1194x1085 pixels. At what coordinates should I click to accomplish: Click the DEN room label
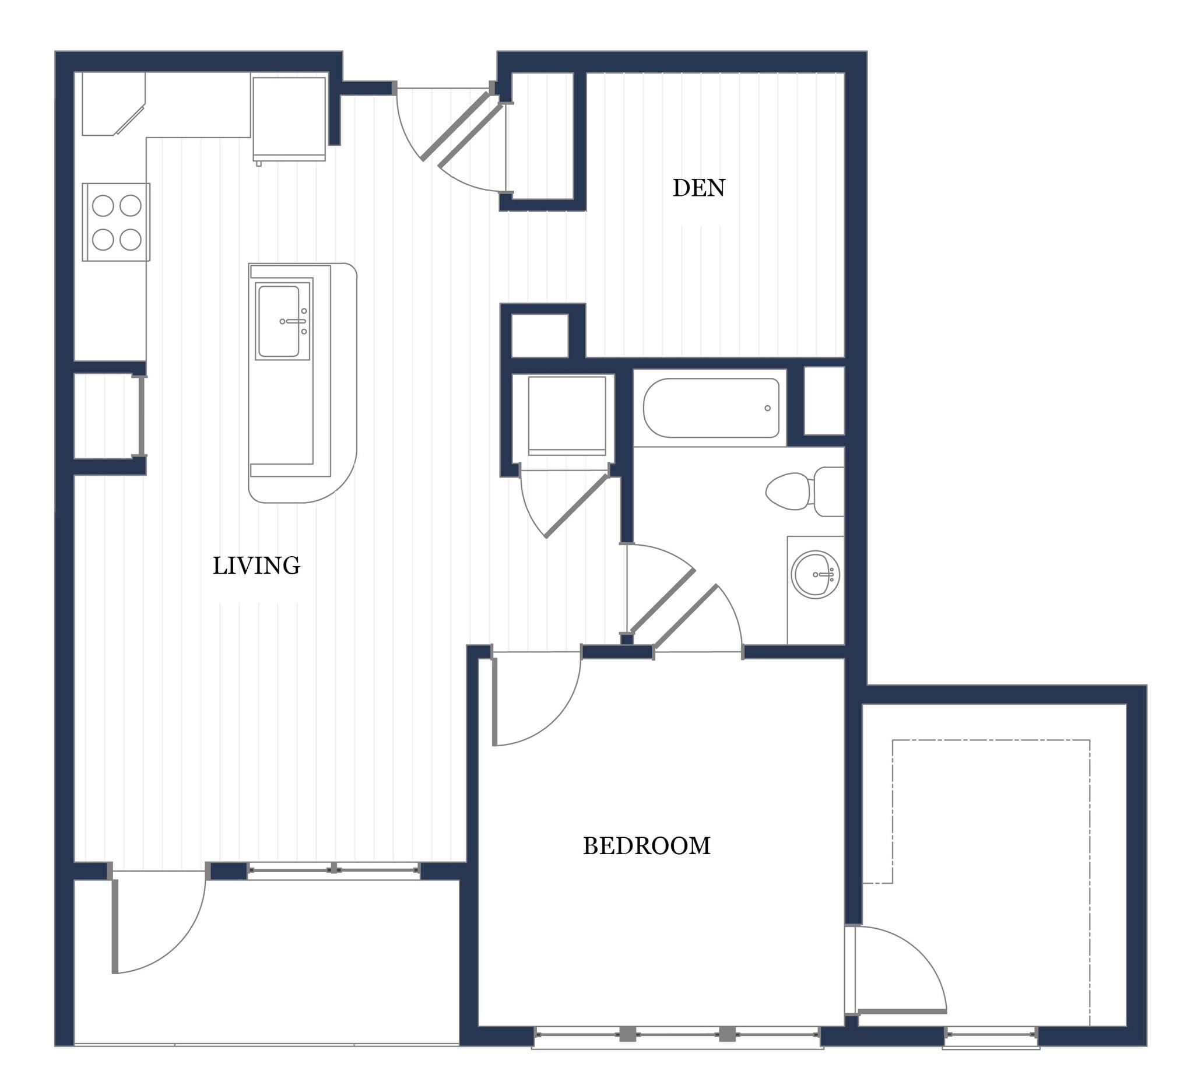[698, 188]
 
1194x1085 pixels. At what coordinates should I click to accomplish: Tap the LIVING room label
[256, 566]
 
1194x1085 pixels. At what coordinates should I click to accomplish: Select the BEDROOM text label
[646, 847]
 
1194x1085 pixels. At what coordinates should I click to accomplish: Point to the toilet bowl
[788, 491]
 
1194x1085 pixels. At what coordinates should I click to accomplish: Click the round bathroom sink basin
[816, 574]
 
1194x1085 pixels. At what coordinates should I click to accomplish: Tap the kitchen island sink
[279, 322]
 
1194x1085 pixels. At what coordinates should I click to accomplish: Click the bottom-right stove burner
[130, 240]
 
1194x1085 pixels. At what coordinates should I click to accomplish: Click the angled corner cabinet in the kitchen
[113, 104]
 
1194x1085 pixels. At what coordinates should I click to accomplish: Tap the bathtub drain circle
[768, 408]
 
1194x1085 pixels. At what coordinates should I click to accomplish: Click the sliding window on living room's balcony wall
[333, 870]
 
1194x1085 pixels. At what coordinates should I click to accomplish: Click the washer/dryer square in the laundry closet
[567, 415]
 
